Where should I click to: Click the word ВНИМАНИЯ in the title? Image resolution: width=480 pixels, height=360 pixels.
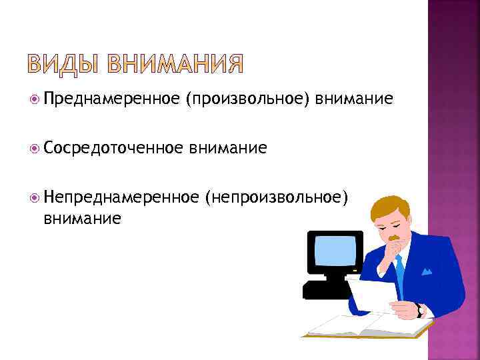coord(174,65)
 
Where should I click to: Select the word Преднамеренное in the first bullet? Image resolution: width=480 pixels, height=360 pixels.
coord(111,100)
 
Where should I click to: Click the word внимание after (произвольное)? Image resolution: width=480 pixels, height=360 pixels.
coord(355,100)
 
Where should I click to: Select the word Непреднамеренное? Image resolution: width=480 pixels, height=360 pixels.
coord(121,198)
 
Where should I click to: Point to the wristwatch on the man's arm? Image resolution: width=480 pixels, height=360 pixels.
coord(419,311)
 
